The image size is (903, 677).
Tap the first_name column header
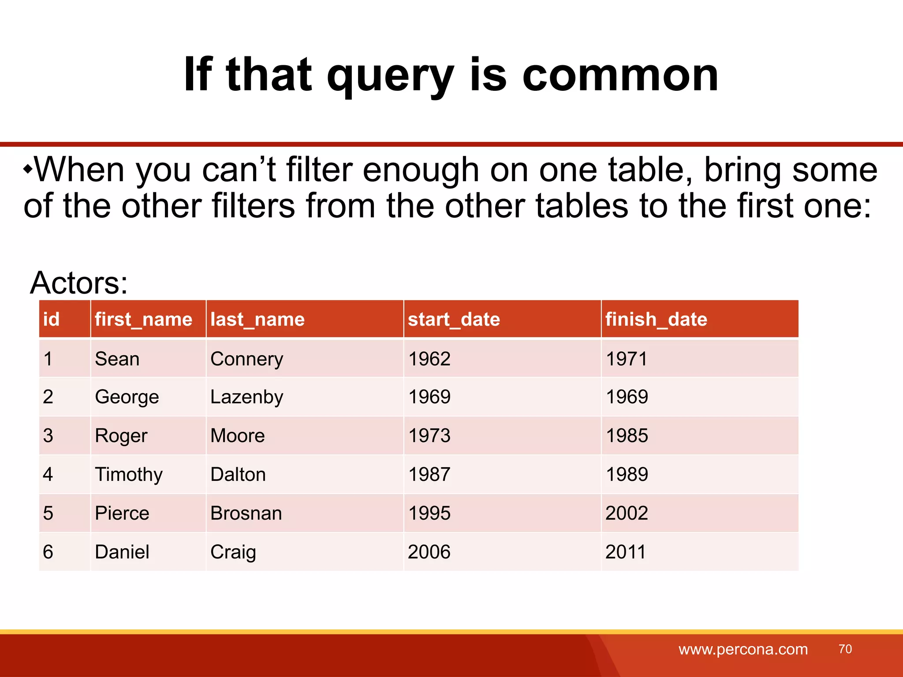click(143, 319)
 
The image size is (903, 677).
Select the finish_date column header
click(656, 319)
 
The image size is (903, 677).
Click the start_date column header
click(454, 319)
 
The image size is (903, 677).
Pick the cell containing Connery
click(246, 359)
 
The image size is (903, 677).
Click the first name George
click(127, 397)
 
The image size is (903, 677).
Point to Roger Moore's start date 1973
click(429, 435)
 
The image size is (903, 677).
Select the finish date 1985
click(627, 435)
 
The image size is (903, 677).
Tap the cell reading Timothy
click(129, 475)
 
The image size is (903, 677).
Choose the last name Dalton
click(238, 475)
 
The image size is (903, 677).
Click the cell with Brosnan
click(246, 513)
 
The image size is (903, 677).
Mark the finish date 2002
click(627, 513)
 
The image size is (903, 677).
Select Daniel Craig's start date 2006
click(429, 552)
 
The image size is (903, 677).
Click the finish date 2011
click(625, 552)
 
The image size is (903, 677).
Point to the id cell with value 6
click(48, 552)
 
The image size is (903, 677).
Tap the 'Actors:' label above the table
click(79, 283)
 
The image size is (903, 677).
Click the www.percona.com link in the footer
click(743, 649)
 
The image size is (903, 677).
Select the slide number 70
click(845, 649)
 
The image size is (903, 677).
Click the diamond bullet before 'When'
click(28, 169)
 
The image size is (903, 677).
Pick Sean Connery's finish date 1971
click(627, 359)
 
